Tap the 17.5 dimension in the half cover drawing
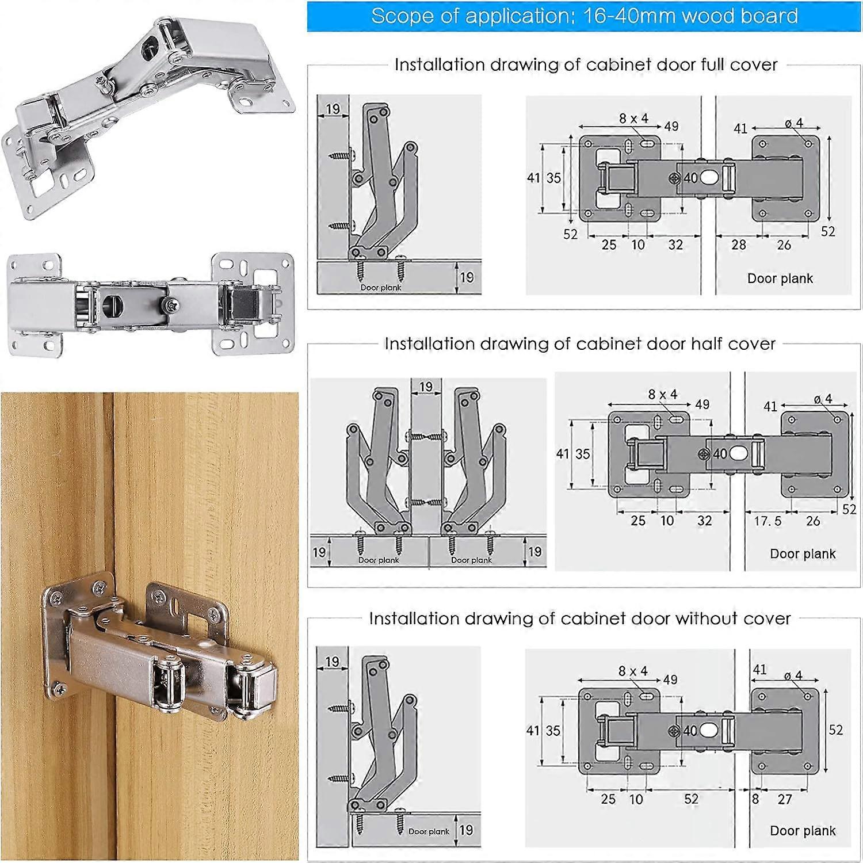(767, 521)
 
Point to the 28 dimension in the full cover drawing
(739, 245)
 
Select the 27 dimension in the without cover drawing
(785, 799)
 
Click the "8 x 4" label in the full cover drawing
(633, 119)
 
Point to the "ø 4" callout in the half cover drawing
(823, 399)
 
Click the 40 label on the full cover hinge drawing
(690, 178)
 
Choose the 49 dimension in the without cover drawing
(670, 679)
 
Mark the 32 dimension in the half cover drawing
(704, 521)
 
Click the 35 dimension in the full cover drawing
(553, 178)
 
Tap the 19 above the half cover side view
(426, 387)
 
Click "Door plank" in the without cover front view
(803, 831)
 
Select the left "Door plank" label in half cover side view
(379, 560)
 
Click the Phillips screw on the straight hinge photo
(171, 303)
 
